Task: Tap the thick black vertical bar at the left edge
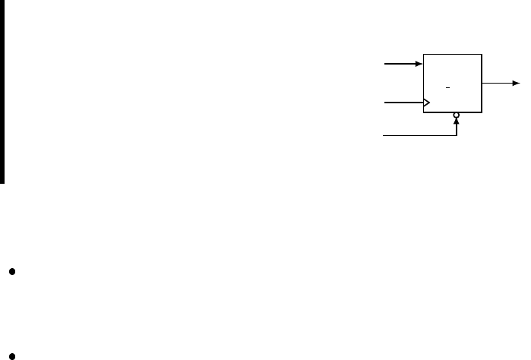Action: (x=3, y=91)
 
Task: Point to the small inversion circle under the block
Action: (x=456, y=116)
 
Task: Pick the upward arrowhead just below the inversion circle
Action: (x=456, y=123)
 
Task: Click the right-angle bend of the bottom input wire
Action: (x=456, y=136)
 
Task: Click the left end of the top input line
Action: (x=385, y=65)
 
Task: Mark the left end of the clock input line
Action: (x=385, y=102)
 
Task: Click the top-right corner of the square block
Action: (x=482, y=55)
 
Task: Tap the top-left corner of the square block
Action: (x=423, y=55)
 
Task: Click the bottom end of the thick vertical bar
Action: (x=3, y=182)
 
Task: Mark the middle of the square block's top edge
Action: (x=452, y=55)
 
